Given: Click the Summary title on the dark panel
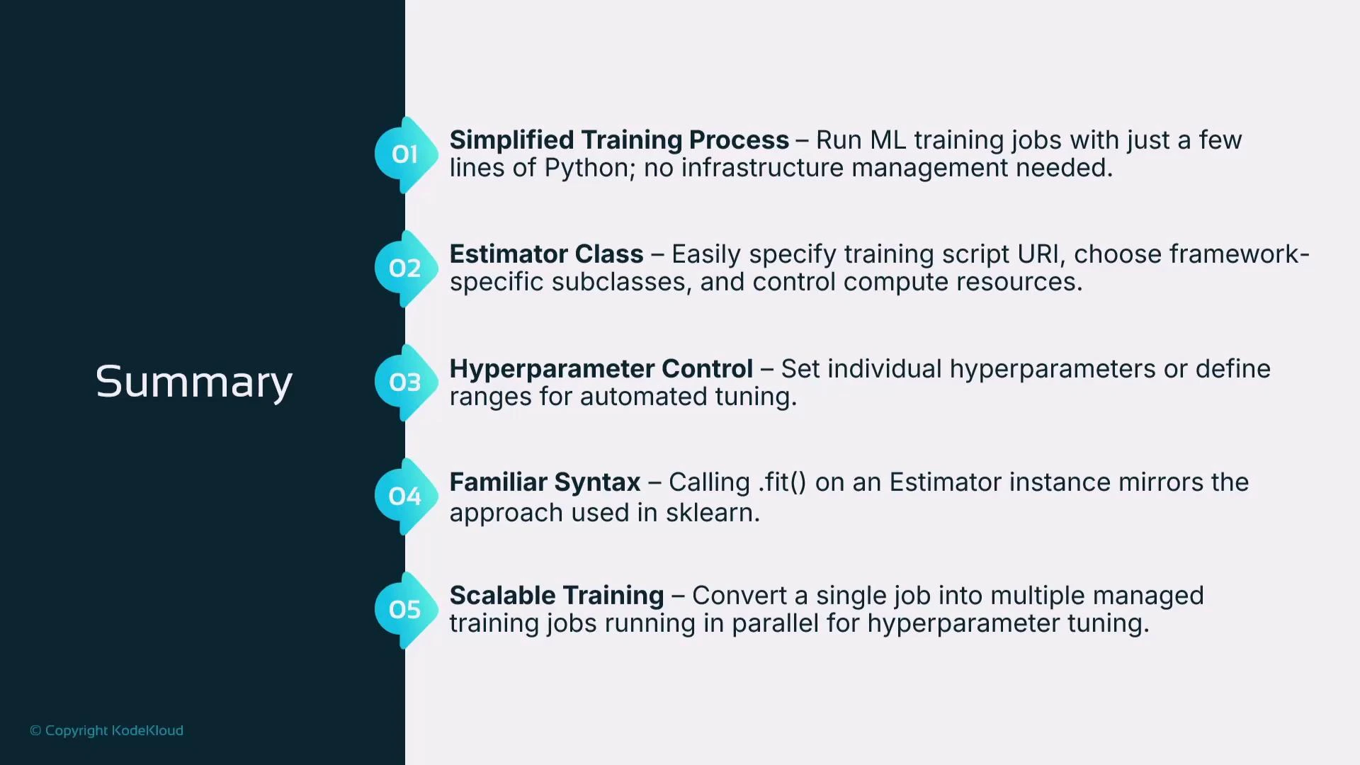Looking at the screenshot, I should pos(193,382).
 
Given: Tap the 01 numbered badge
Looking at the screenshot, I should pos(404,154).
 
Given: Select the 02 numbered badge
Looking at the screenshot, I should pos(404,268).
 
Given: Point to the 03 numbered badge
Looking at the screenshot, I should pos(404,382).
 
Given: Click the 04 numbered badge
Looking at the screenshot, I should pos(404,497).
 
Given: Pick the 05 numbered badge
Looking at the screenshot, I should pos(404,610).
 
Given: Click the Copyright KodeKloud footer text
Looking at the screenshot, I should pos(106,730).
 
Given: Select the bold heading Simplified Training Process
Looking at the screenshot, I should pos(619,140).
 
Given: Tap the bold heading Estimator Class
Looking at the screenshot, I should pos(546,254).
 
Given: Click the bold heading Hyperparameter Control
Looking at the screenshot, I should pos(601,369).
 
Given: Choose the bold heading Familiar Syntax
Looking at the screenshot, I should pos(545,482).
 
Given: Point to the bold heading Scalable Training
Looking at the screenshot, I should pos(557,596).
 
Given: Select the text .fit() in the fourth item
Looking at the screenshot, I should pos(782,482).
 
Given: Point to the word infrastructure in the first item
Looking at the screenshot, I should pos(762,169).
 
